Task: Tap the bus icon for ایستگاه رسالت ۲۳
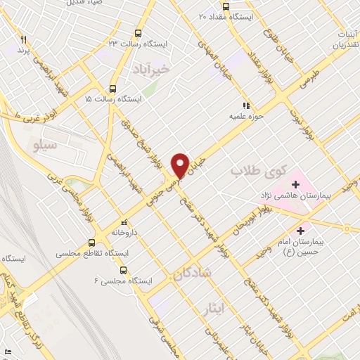pos(137,32)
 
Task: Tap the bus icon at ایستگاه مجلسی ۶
pos(124,269)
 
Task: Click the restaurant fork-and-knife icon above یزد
pos(23,40)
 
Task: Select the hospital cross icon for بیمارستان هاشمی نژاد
pos(295,185)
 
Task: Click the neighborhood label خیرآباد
pos(150,69)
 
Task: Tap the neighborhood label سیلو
pos(44,143)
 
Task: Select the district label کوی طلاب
pos(250,170)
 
